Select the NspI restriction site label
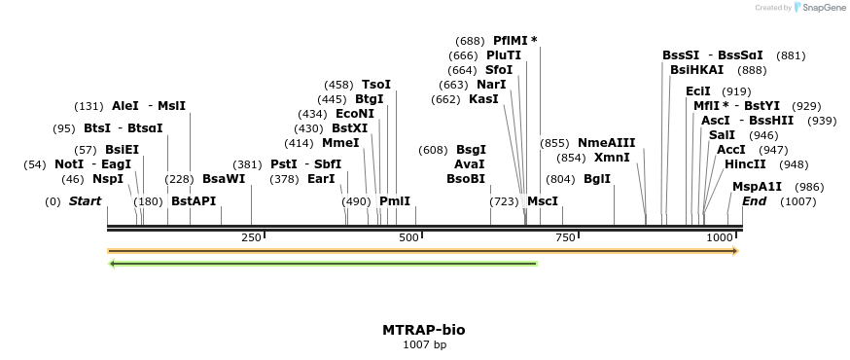tap(108, 179)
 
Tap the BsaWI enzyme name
tap(224, 179)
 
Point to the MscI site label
tap(543, 200)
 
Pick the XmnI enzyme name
tap(612, 158)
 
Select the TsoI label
tap(376, 85)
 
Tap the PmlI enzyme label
tap(395, 200)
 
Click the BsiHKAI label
tap(697, 70)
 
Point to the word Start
tap(85, 200)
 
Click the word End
tap(754, 200)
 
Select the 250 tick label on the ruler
tap(251, 238)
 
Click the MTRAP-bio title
tap(424, 330)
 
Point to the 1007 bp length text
tap(424, 344)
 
